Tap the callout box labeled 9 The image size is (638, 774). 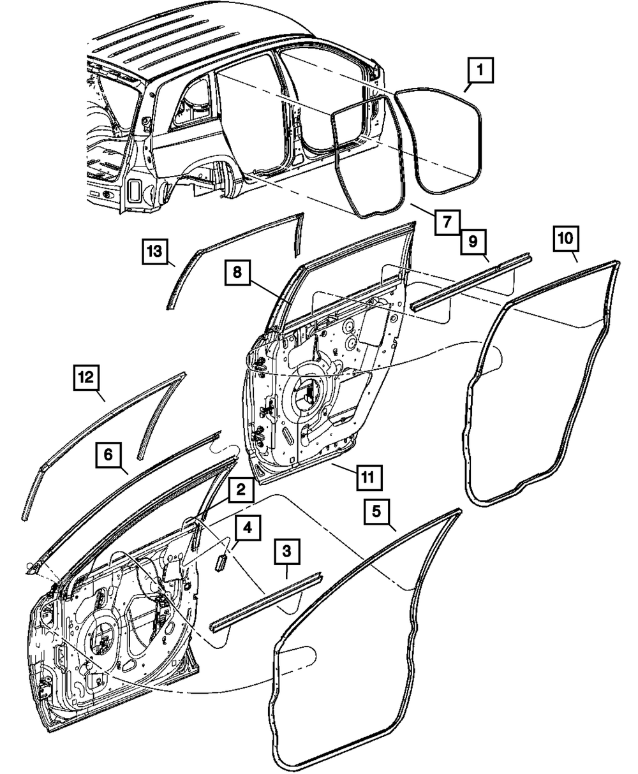point(472,241)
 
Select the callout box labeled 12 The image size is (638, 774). point(87,377)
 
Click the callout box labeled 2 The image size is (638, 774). point(240,490)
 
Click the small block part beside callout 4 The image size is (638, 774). point(221,561)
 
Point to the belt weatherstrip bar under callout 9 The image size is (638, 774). point(473,279)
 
